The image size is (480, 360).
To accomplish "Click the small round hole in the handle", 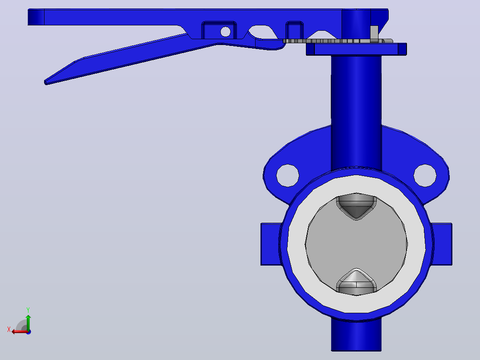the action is pos(225,32).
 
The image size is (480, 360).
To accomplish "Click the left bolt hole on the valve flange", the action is pos(288,176).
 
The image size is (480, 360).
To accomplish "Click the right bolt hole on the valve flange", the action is pos(425,176).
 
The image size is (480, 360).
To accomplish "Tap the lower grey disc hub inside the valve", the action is pos(356,282).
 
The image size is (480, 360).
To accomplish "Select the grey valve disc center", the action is pos(356,244).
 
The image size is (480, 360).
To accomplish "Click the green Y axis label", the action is pos(28,310).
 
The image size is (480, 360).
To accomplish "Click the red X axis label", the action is pos(9,329).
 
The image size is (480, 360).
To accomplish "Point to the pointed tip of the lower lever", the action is pos(45,82).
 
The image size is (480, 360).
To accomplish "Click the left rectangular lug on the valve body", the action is pos(270,244).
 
